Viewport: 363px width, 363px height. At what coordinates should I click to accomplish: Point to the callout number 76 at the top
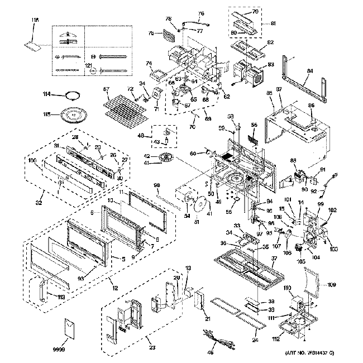(x=201, y=13)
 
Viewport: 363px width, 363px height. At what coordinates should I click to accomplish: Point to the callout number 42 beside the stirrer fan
(x=147, y=155)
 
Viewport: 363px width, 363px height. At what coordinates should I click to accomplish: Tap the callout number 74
(x=149, y=63)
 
